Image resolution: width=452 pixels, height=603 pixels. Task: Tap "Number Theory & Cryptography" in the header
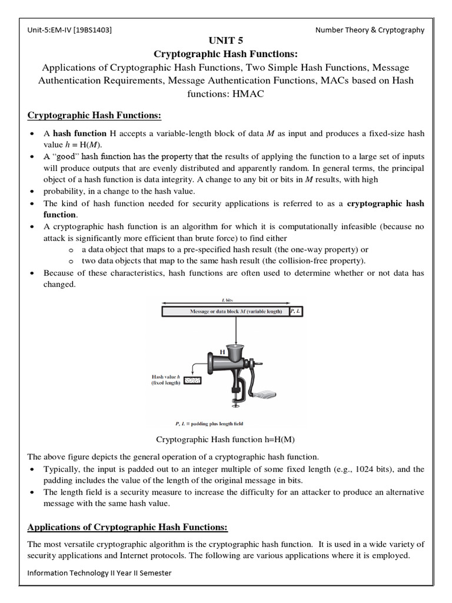[x=370, y=30]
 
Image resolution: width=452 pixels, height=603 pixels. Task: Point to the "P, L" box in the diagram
[x=296, y=311]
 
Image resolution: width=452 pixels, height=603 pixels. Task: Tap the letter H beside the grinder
[x=223, y=352]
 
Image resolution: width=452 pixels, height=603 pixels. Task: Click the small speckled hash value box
[x=192, y=381]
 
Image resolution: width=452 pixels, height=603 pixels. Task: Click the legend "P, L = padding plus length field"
[x=210, y=423]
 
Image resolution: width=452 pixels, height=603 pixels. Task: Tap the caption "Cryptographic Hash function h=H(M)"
[x=225, y=439]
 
